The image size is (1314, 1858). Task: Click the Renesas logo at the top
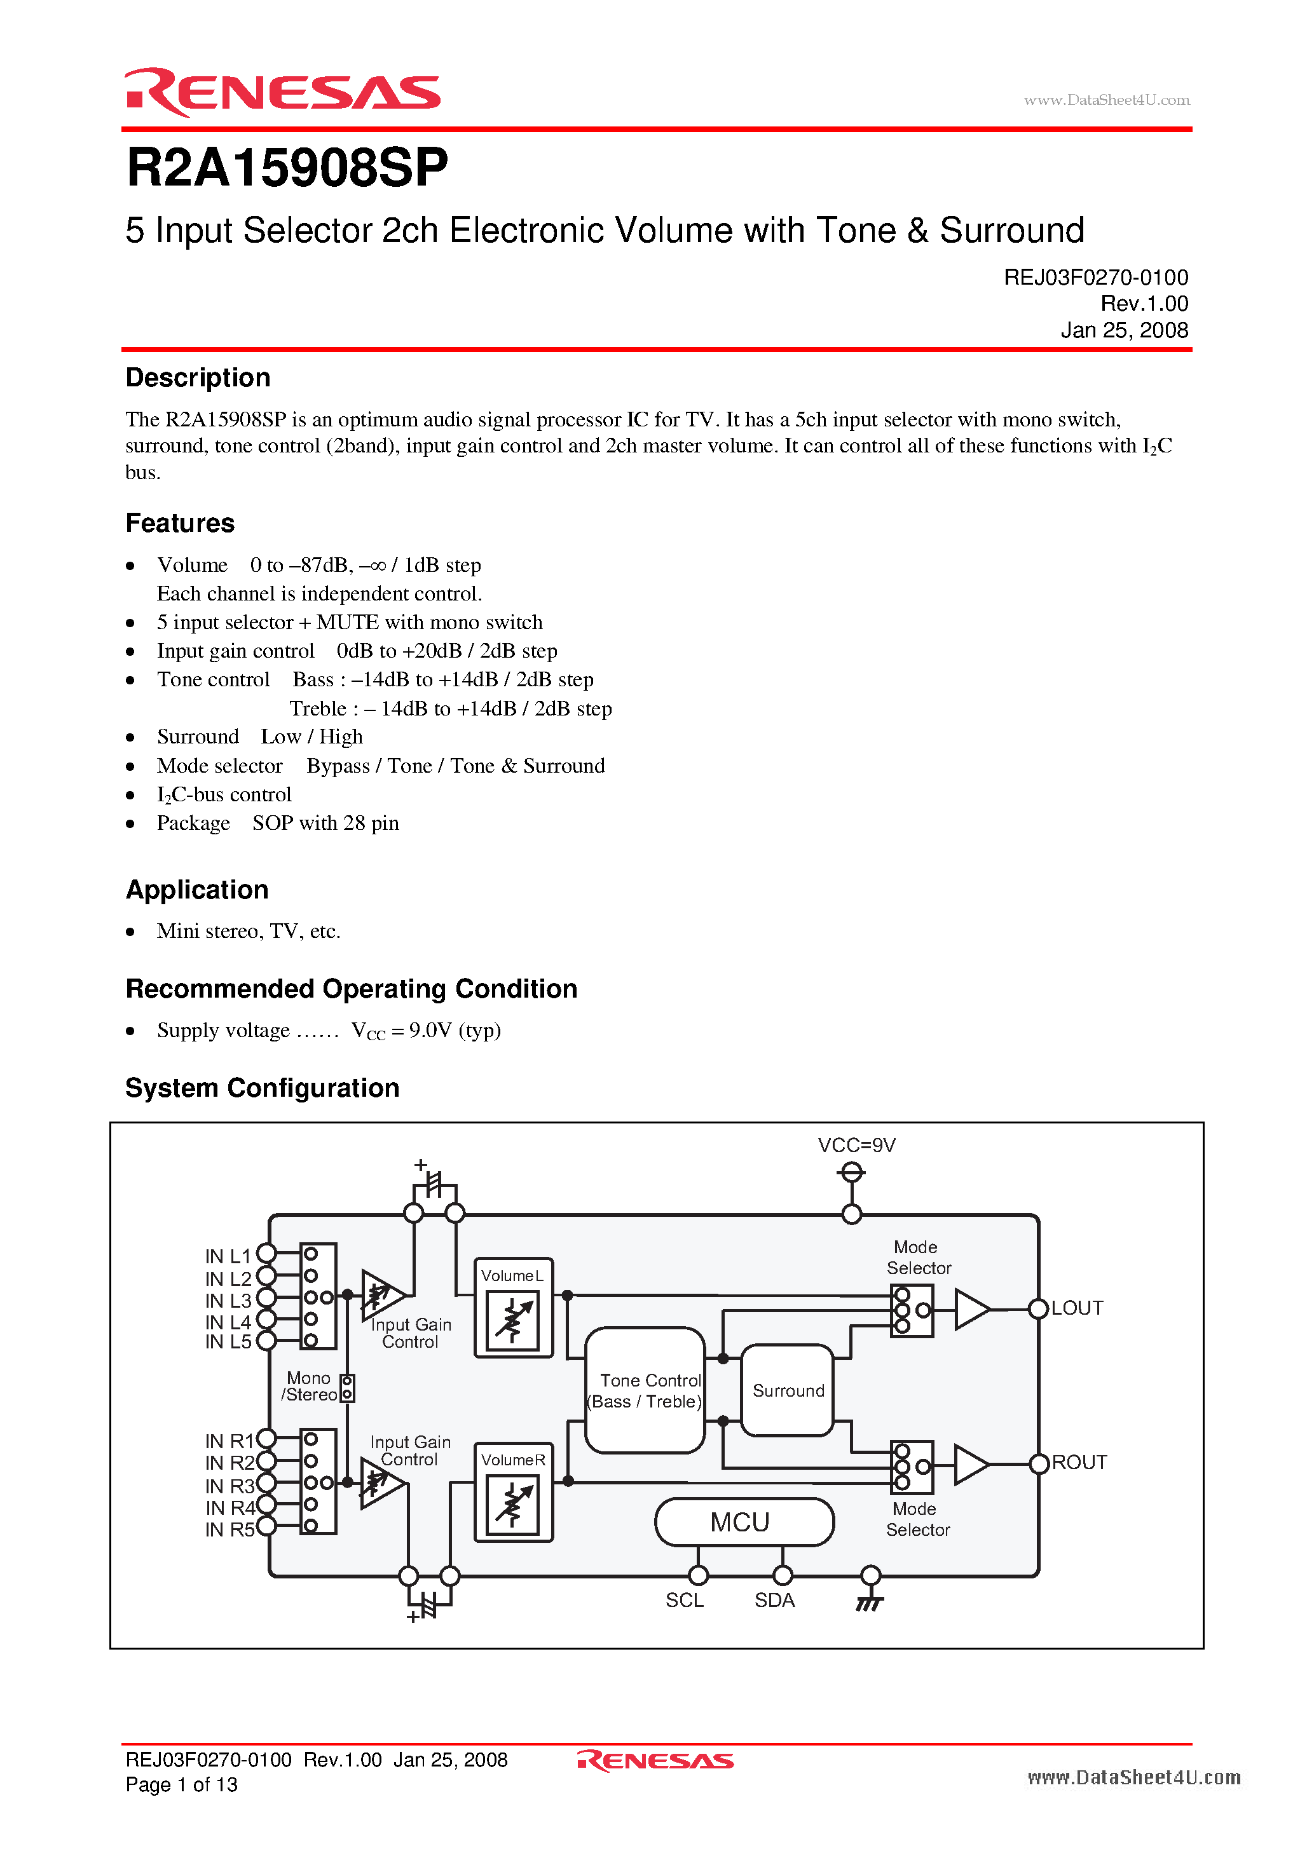282,92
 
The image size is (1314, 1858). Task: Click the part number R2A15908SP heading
287,168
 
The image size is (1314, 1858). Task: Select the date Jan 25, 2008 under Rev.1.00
1124,330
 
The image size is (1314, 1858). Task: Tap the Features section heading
180,523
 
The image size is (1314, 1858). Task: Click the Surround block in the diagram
788,1390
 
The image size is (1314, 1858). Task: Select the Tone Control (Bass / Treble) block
645,1390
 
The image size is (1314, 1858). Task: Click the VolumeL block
513,1308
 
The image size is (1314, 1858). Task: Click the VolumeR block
513,1492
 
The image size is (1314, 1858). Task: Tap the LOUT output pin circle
1038,1308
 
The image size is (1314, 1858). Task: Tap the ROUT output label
1079,1462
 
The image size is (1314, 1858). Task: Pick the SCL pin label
684,1600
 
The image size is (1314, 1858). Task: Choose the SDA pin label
774,1600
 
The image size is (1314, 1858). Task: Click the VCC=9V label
856,1145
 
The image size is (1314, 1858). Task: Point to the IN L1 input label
228,1256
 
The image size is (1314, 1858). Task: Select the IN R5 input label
229,1529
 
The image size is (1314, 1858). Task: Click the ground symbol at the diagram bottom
869,1601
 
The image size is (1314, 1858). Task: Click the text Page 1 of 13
181,1784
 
